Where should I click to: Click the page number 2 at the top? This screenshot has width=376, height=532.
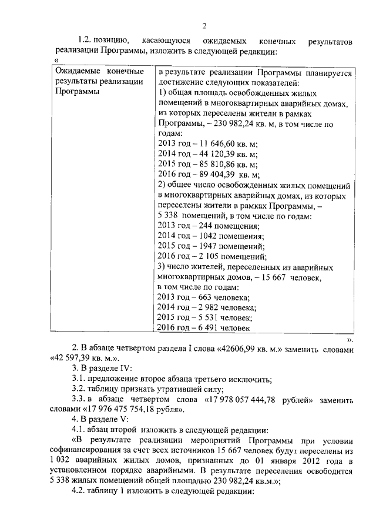click(x=204, y=25)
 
